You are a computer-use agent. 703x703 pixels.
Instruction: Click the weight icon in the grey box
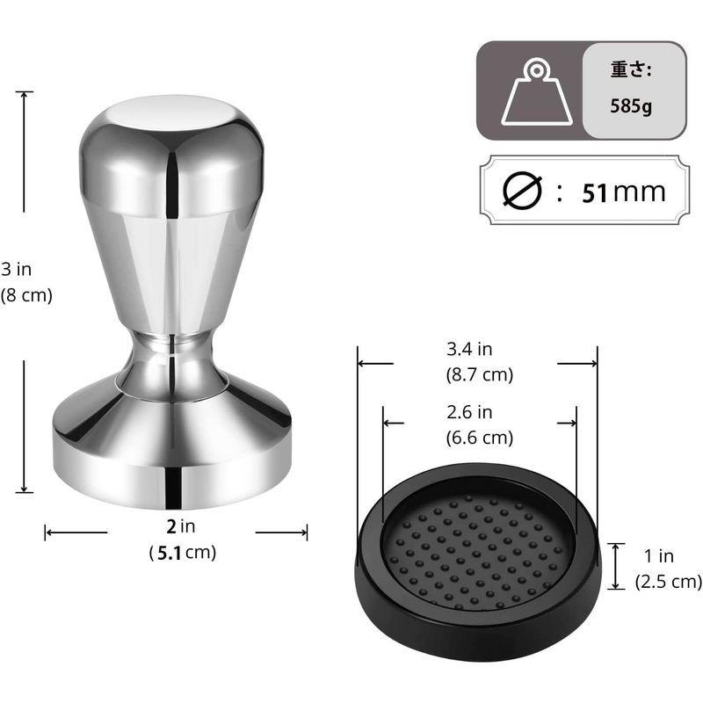point(535,92)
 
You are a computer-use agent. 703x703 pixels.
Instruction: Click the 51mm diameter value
point(623,191)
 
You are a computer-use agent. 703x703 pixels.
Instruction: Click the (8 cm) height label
point(25,296)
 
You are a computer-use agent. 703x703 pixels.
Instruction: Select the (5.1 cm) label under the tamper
point(182,553)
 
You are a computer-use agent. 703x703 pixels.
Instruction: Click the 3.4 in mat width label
point(470,350)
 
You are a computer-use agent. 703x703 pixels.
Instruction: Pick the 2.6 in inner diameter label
point(470,412)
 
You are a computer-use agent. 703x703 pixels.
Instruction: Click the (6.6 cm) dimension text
point(480,437)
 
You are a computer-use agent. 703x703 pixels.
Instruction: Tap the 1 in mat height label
point(658,555)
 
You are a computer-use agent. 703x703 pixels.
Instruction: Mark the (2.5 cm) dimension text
point(669,580)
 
